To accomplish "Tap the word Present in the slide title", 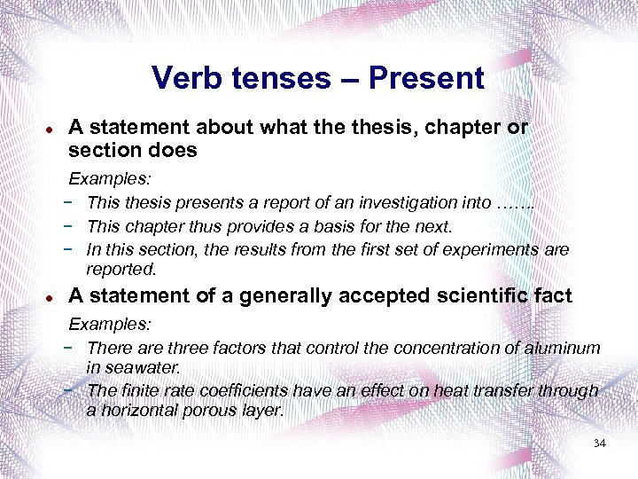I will point(426,78).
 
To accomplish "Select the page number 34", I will point(599,443).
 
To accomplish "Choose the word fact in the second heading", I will point(552,295).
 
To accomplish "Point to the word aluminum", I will point(564,349).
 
